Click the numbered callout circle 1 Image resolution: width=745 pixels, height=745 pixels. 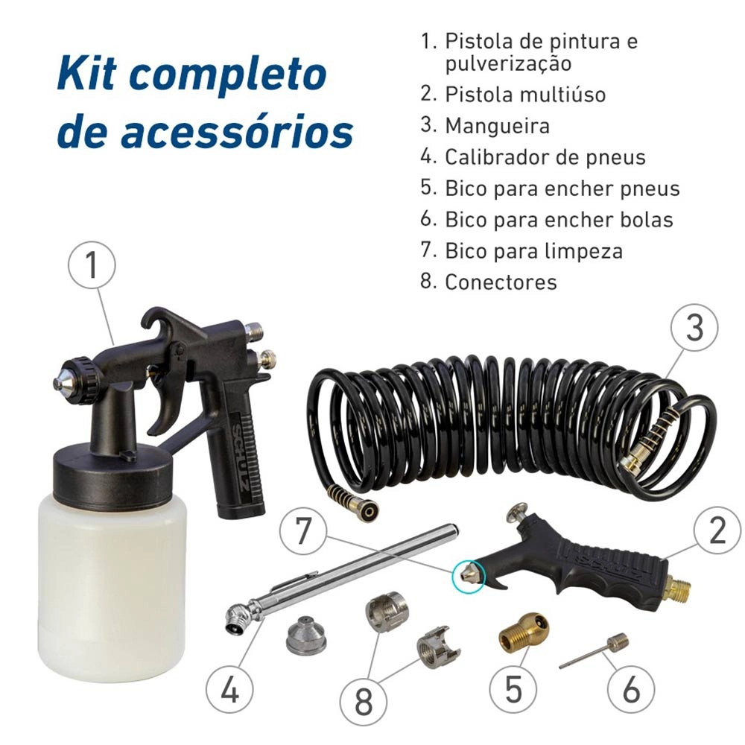pyautogui.click(x=92, y=267)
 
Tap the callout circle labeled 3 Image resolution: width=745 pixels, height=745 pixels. pyautogui.click(x=694, y=327)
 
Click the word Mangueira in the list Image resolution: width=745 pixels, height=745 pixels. pyautogui.click(x=497, y=126)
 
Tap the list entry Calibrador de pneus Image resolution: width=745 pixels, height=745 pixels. pyautogui.click(x=545, y=157)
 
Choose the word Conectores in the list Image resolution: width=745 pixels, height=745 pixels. pyautogui.click(x=501, y=282)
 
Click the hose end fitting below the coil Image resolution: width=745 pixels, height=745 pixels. pyautogui.click(x=357, y=507)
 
